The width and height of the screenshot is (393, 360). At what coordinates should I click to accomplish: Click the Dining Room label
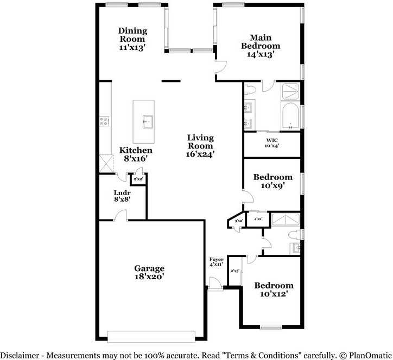point(132,38)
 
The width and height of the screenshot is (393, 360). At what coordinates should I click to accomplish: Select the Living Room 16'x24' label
point(200,145)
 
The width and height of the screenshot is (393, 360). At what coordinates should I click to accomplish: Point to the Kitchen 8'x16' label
point(136,154)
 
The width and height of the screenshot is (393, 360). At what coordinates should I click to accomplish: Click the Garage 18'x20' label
point(149,272)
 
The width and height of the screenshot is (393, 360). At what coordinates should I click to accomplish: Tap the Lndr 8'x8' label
point(122,196)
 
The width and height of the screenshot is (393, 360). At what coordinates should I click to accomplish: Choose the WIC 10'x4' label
point(272,143)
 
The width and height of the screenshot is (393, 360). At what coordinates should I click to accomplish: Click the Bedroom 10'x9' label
point(273,181)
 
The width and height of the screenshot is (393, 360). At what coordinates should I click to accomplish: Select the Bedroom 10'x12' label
point(274,290)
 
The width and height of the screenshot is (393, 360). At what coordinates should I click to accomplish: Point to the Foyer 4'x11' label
point(217,262)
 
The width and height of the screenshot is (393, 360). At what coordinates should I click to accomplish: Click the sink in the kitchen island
point(147,121)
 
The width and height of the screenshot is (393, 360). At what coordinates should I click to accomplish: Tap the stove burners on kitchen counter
point(104,121)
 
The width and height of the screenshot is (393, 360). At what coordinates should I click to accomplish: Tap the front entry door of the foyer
point(215,284)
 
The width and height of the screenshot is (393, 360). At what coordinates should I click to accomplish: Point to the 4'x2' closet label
point(258,219)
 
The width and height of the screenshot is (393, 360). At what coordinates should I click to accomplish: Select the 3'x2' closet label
point(238,221)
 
